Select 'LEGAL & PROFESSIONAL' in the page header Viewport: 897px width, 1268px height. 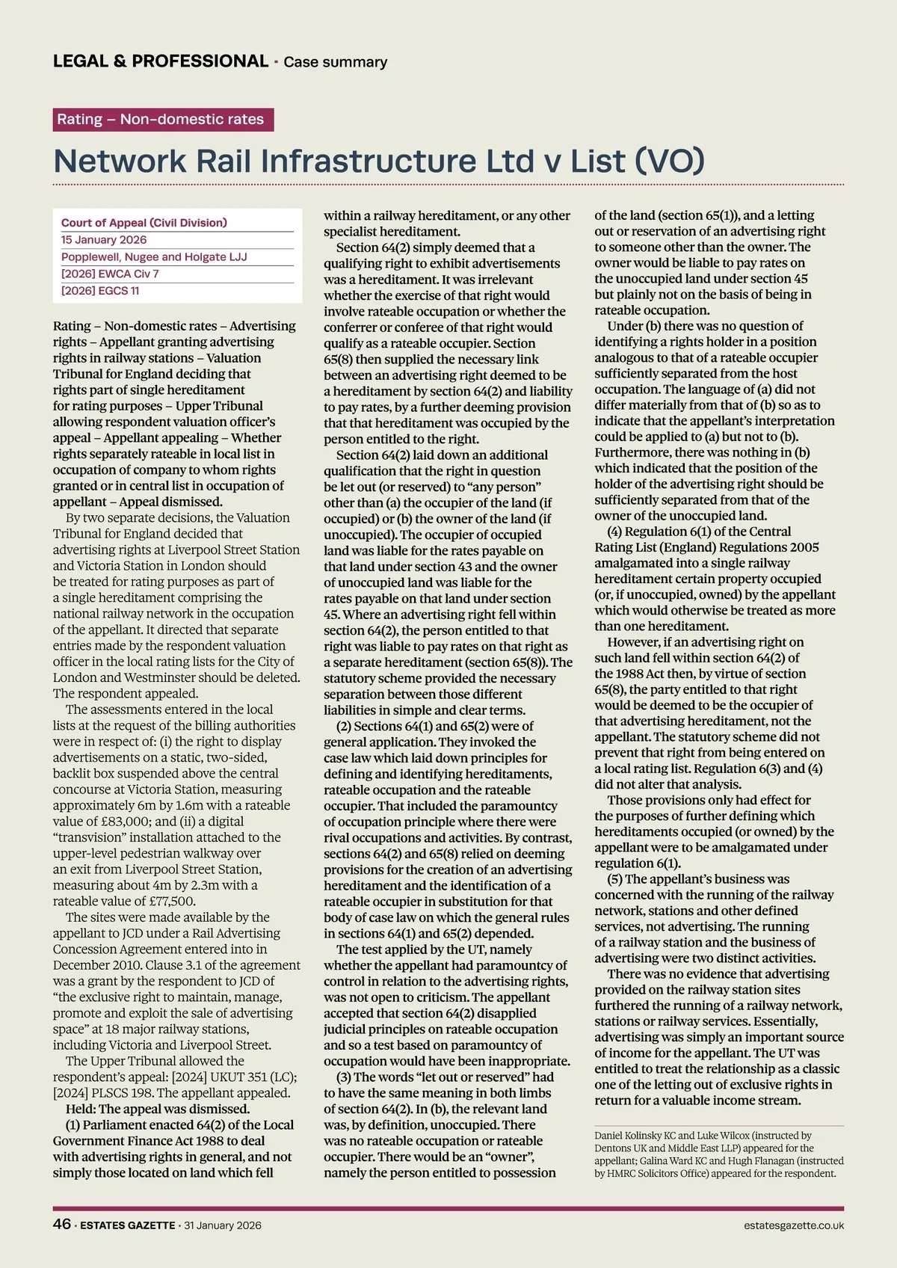(x=161, y=61)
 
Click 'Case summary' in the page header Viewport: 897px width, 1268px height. (x=335, y=62)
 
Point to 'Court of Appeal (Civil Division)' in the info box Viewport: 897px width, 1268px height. (x=144, y=223)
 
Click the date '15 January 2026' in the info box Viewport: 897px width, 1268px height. (x=104, y=240)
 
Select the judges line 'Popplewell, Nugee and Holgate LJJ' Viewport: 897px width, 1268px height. (x=154, y=257)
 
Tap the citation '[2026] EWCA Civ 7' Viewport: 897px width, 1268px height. (x=110, y=274)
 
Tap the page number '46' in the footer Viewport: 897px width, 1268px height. (x=62, y=1224)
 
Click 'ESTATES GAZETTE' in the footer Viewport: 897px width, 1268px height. (x=128, y=1225)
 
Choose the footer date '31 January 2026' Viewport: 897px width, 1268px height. (x=223, y=1225)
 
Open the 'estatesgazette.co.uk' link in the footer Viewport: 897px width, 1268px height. (x=794, y=1225)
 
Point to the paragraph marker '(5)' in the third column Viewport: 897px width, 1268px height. (x=615, y=879)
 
